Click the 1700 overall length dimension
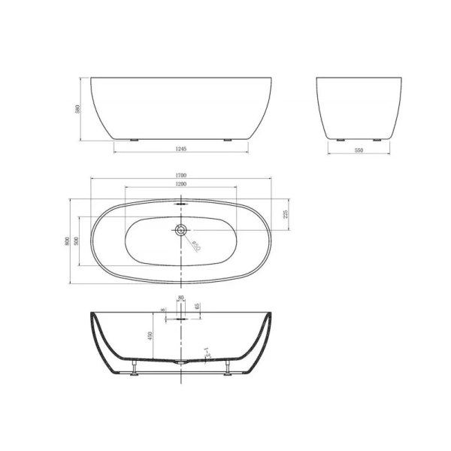pos(181,176)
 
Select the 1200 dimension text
pos(181,184)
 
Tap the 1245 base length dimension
pos(181,150)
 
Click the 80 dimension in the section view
pos(180,299)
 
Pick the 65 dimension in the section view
pos(197,307)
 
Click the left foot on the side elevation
pos(135,140)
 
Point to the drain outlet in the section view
pos(180,362)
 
